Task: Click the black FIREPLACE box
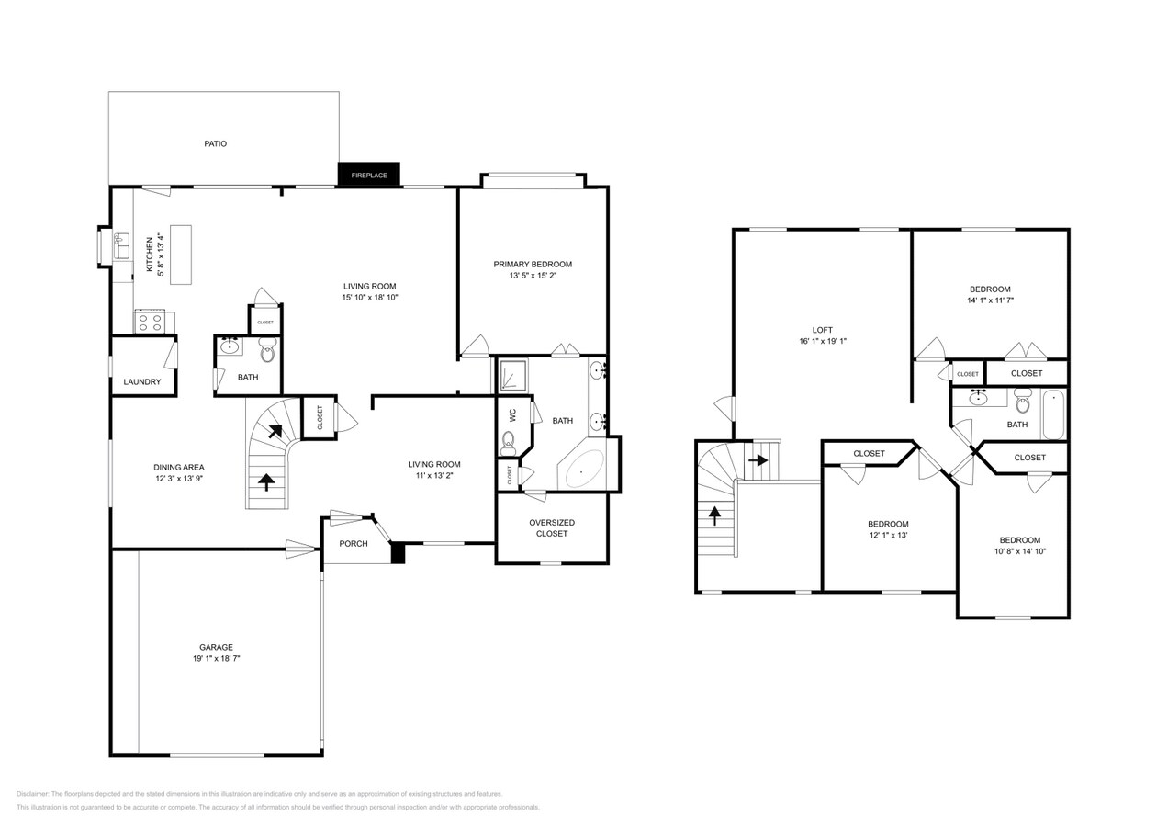coord(369,175)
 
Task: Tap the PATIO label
coord(215,143)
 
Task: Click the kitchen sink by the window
coord(121,246)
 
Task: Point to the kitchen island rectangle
coord(180,255)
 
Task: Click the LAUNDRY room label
coord(142,381)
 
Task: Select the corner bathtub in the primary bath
coord(584,470)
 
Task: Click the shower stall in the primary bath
coord(513,375)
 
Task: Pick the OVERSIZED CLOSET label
coord(552,528)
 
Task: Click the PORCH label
coord(354,543)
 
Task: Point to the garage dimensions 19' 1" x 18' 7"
coord(216,659)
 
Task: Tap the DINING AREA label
coord(178,467)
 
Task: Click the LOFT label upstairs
coord(822,330)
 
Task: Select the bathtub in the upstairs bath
coord(1054,414)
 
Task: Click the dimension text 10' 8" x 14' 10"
coord(1019,551)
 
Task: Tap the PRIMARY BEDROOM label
coord(533,264)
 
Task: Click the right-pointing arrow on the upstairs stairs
coord(758,459)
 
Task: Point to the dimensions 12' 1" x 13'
coord(888,535)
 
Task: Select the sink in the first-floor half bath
coord(230,347)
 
